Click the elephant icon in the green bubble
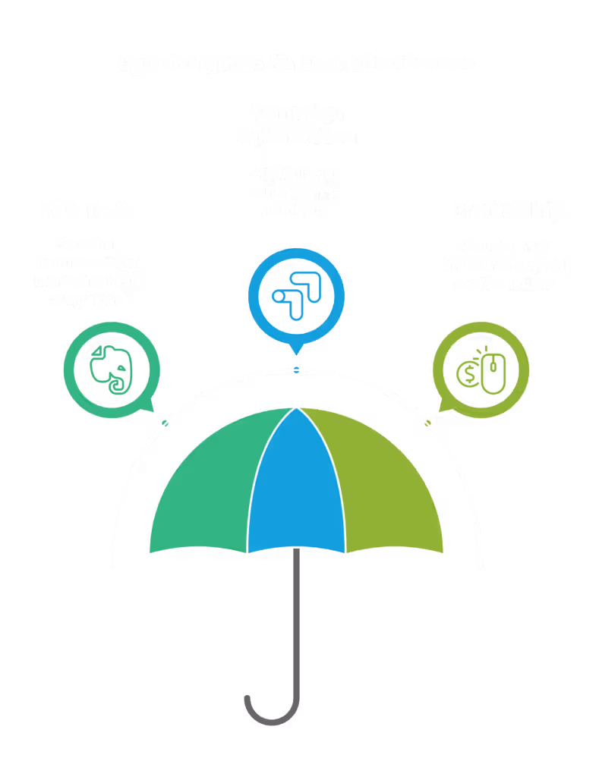coord(111,369)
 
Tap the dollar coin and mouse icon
coord(481,370)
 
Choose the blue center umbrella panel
coord(296,486)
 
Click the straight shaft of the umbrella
coord(296,622)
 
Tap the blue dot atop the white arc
coord(297,370)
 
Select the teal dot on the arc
coord(166,423)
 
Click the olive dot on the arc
coord(427,423)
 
